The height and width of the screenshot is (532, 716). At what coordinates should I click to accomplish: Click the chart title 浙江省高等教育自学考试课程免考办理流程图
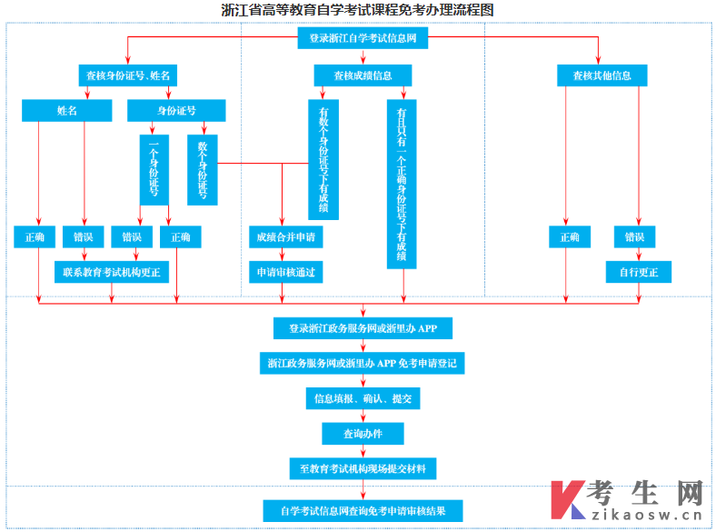coord(358,10)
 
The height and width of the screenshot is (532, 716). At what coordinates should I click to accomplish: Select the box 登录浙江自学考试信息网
coord(363,39)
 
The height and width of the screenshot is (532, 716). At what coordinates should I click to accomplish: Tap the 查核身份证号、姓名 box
coord(128,75)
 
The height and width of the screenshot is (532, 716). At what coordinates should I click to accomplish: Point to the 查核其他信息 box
coord(602,75)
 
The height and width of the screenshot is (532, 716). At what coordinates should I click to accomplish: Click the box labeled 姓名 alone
coord(67,111)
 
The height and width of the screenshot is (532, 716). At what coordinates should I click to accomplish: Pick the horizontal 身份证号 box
coord(175,111)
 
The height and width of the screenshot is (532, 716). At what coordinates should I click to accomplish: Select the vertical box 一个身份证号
coord(154,169)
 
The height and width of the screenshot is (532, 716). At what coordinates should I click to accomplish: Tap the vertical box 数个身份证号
coord(202,169)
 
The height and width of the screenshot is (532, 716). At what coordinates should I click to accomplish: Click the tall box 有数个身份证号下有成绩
coord(323,160)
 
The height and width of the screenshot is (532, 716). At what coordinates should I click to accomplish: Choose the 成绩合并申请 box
coord(284,237)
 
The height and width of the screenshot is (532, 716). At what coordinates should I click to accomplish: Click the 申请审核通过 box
coord(284,271)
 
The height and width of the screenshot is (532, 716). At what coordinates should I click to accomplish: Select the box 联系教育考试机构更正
coord(111,271)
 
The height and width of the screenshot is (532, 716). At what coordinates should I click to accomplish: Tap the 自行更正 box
coord(638,271)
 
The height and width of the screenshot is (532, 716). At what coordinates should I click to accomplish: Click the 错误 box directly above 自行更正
coord(634,237)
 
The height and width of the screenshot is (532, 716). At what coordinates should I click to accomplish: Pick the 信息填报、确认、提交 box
coord(363,398)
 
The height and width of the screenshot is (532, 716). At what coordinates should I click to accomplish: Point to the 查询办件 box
coord(363,434)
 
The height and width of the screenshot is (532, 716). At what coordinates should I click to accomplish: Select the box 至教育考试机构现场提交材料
coord(363,468)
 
